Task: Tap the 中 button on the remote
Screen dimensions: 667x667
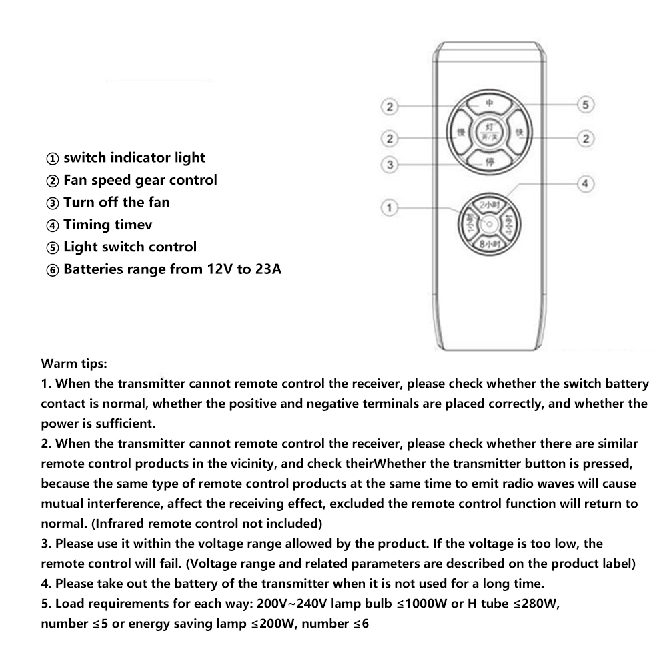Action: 488,104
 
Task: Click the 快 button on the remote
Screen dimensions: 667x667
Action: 520,133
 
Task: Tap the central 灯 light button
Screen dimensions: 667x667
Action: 488,132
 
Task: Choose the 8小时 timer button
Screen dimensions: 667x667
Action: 489,245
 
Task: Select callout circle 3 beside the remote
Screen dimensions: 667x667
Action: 391,164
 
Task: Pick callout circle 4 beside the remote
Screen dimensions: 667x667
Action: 584,183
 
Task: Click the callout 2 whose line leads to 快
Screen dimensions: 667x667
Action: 586,138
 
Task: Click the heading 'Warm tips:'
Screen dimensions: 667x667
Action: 73,364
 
